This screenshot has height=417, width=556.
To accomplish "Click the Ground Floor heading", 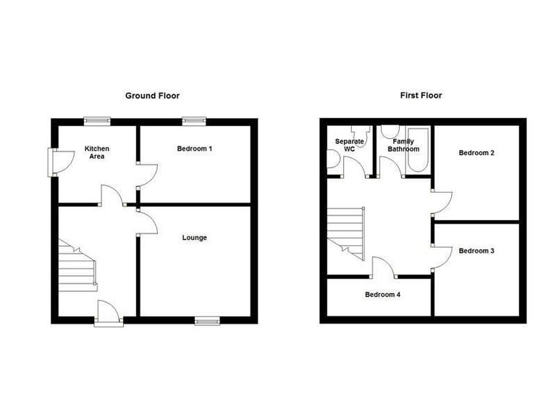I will [x=152, y=96].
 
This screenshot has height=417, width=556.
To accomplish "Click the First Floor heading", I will [x=421, y=95].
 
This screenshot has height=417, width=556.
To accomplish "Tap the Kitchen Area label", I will [x=97, y=152].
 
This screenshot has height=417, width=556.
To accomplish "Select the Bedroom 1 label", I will [x=195, y=149].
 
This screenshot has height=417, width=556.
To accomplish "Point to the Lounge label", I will [x=195, y=237].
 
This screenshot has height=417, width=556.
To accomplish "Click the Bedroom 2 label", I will [x=476, y=153].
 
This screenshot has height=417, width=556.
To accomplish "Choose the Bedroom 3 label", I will [x=476, y=251].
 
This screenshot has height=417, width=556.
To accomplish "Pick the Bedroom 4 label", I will [x=382, y=295].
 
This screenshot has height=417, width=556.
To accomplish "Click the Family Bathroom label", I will [x=403, y=145].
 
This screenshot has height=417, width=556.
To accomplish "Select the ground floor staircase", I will [x=77, y=268].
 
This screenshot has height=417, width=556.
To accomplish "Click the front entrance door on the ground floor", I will [x=109, y=313].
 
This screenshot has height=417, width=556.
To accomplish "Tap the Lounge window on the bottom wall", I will [x=207, y=319].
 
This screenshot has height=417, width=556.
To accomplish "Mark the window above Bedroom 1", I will [x=193, y=121].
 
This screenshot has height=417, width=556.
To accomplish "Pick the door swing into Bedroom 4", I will [x=385, y=268].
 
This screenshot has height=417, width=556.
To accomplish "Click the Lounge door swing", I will [x=147, y=224].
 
